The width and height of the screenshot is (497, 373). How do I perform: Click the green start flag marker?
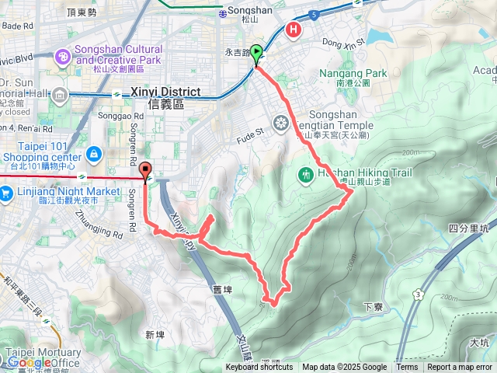point(257,54)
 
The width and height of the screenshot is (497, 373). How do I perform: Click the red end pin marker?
point(146,173)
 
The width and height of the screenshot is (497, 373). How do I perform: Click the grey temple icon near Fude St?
point(280,122)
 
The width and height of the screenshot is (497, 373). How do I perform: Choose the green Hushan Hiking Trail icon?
point(306,175)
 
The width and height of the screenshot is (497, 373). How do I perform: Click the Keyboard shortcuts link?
point(259,368)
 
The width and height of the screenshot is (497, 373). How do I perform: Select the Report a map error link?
point(460,368)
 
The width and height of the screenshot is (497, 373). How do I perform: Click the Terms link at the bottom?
point(407,368)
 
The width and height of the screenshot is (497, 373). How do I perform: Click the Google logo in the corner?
point(30,363)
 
